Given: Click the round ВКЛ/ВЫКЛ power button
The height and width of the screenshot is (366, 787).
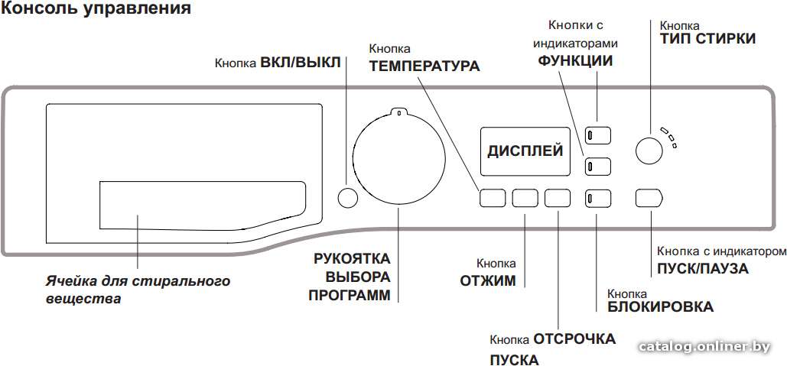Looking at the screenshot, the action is pyautogui.click(x=347, y=198).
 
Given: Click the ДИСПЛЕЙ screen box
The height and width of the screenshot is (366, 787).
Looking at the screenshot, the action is pyautogui.click(x=525, y=151).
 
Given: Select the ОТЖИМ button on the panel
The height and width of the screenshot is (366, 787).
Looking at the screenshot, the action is pyautogui.click(x=525, y=198).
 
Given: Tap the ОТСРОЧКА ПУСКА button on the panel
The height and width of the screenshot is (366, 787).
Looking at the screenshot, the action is pyautogui.click(x=558, y=198).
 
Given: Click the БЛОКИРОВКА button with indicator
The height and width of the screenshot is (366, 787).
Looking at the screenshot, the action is pyautogui.click(x=598, y=198).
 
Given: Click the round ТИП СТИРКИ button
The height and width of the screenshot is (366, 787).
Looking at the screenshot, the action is pyautogui.click(x=649, y=150).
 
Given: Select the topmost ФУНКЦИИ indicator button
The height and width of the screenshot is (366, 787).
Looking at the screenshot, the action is pyautogui.click(x=598, y=134).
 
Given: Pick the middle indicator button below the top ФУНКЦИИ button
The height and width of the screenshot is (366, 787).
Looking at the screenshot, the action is pyautogui.click(x=598, y=167).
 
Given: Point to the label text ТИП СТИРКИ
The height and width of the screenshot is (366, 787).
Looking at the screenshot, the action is pyautogui.click(x=707, y=39).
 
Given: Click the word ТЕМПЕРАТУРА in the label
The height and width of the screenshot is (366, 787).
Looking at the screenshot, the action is pyautogui.click(x=424, y=66).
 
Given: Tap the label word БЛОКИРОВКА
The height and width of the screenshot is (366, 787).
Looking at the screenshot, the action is pyautogui.click(x=661, y=306).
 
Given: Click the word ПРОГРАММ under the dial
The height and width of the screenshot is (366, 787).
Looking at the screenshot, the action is pyautogui.click(x=350, y=295).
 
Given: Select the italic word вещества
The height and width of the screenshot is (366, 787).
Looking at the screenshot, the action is pyautogui.click(x=83, y=299).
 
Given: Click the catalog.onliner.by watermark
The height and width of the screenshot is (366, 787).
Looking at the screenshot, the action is pyautogui.click(x=704, y=347).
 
